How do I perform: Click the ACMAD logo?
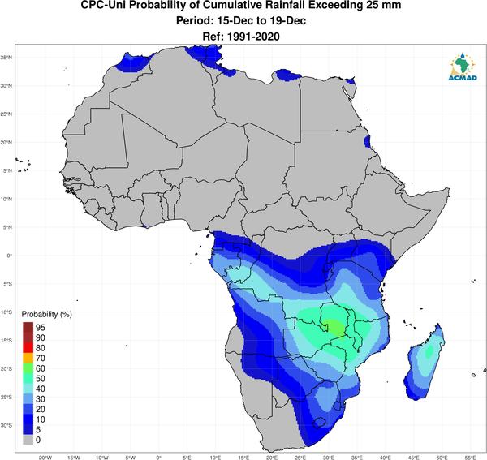[x=463, y=67]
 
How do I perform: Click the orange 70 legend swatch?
[x=28, y=359]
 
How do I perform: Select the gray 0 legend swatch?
[x=28, y=440]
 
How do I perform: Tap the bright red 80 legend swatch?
[x=28, y=348]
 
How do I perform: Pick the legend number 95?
[x=41, y=328]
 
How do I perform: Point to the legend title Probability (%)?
[x=46, y=314]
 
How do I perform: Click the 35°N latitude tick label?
[x=6, y=58]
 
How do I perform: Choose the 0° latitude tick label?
[x=10, y=256]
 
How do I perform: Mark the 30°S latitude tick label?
[x=6, y=425]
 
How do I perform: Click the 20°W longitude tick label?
[x=45, y=458]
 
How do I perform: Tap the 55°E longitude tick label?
[x=470, y=458]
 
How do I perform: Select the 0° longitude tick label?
[x=159, y=458]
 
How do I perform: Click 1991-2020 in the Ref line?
[x=253, y=37]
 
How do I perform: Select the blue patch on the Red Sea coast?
[x=367, y=141]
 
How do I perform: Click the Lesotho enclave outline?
[x=319, y=423]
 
